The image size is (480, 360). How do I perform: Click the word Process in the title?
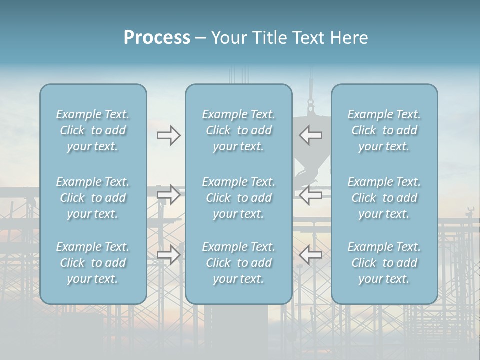pyautogui.click(x=157, y=38)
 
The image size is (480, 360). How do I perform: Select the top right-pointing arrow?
pyautogui.click(x=168, y=135)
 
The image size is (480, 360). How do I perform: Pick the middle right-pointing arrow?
pyautogui.click(x=168, y=195)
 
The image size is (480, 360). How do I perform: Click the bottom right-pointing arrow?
pyautogui.click(x=168, y=255)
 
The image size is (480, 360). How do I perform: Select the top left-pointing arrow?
pyautogui.click(x=311, y=135)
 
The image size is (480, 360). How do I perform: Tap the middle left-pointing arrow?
pyautogui.click(x=311, y=195)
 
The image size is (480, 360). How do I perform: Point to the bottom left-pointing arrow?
pyautogui.click(x=311, y=255)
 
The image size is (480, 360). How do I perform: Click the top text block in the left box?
pyautogui.click(x=93, y=130)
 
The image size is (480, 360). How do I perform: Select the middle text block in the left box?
pyautogui.click(x=93, y=198)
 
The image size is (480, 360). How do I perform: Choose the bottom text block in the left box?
pyautogui.click(x=93, y=263)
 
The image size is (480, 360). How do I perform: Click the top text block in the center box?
pyautogui.click(x=238, y=130)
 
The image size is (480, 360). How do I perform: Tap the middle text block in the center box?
pyautogui.click(x=238, y=198)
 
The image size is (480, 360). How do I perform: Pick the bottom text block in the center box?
pyautogui.click(x=238, y=263)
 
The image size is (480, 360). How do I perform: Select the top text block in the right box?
pyautogui.click(x=384, y=130)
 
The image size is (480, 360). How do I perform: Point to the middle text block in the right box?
pyautogui.click(x=384, y=198)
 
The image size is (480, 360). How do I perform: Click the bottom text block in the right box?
pyautogui.click(x=384, y=263)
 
